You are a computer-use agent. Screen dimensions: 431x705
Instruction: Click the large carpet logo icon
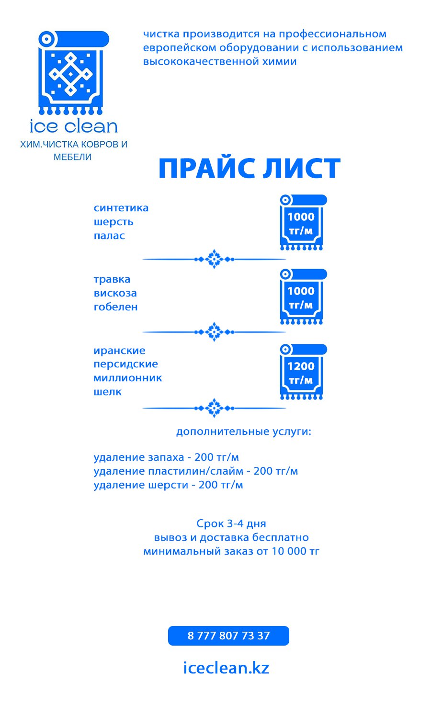(74, 72)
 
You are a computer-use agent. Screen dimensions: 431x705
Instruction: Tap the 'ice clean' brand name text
(74, 126)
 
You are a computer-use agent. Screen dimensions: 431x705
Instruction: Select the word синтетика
(121, 208)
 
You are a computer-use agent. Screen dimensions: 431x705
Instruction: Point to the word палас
(109, 236)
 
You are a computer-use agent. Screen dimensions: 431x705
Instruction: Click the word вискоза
(115, 293)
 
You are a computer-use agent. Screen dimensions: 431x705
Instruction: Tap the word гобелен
(115, 307)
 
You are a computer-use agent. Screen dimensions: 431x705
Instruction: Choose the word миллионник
(127, 378)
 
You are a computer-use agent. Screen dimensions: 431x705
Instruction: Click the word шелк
(107, 391)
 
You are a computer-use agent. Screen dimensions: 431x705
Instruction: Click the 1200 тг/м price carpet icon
(303, 372)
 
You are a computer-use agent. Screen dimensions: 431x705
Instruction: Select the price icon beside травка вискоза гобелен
(303, 296)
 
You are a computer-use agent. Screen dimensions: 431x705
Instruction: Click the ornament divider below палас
(214, 259)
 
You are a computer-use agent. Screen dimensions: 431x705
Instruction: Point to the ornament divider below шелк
(214, 408)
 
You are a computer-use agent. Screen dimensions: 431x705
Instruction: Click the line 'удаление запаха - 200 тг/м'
(166, 457)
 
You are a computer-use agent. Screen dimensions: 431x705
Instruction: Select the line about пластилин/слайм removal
(196, 471)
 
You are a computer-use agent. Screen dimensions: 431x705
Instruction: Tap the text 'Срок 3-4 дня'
(231, 523)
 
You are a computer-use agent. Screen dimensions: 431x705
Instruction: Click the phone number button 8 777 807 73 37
(228, 636)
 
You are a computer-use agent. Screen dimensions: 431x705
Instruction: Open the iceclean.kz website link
(226, 668)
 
